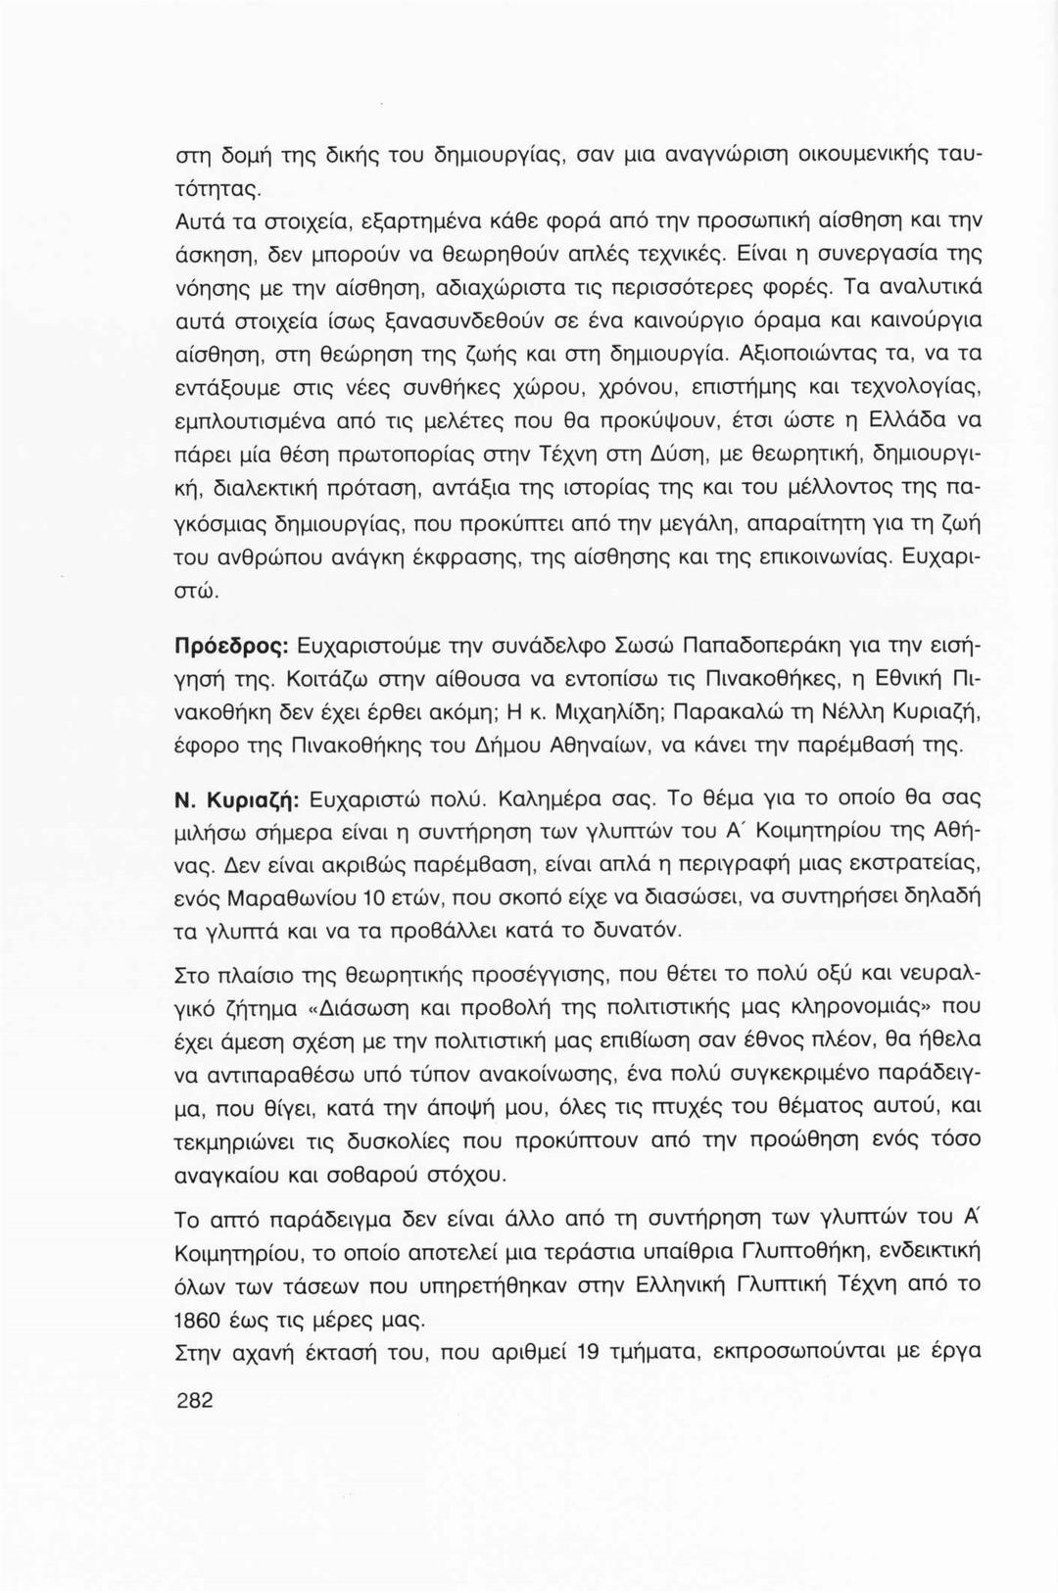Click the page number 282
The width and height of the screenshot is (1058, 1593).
[x=194, y=1400]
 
